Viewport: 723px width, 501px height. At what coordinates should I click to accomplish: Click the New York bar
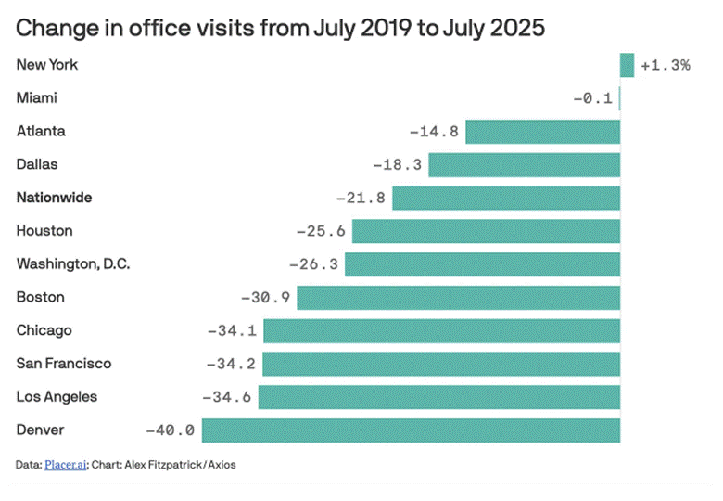point(627,65)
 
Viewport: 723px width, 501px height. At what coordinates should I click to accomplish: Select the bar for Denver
point(411,430)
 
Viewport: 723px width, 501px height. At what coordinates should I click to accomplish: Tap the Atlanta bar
point(542,132)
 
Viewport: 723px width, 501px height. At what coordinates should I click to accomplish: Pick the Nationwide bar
point(506,198)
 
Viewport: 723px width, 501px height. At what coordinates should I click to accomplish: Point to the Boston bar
point(458,298)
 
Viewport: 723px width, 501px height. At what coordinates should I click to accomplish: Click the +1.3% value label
point(665,66)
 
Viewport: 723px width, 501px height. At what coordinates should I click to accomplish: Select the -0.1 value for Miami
point(591,98)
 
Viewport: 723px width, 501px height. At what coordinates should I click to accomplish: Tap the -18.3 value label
point(398,165)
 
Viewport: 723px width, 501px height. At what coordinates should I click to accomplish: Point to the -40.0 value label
point(170,430)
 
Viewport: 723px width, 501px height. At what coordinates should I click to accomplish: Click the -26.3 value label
point(313,264)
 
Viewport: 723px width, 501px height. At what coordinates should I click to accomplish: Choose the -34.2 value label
point(231,364)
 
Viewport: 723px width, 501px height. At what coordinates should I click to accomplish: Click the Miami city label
point(37,98)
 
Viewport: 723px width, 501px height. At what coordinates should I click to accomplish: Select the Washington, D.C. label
point(73,264)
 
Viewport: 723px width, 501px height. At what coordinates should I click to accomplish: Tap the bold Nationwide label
point(54,198)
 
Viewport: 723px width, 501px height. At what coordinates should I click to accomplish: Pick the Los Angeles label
point(57,397)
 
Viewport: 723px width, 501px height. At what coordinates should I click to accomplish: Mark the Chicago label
point(44,330)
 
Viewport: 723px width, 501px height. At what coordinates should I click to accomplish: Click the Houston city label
point(44,231)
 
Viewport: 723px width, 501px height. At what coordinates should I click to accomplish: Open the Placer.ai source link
point(66,465)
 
